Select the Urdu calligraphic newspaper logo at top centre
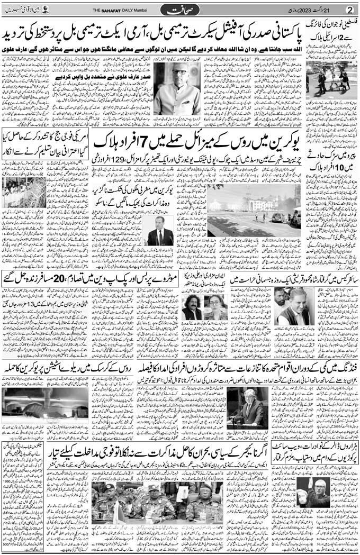[179, 10]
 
